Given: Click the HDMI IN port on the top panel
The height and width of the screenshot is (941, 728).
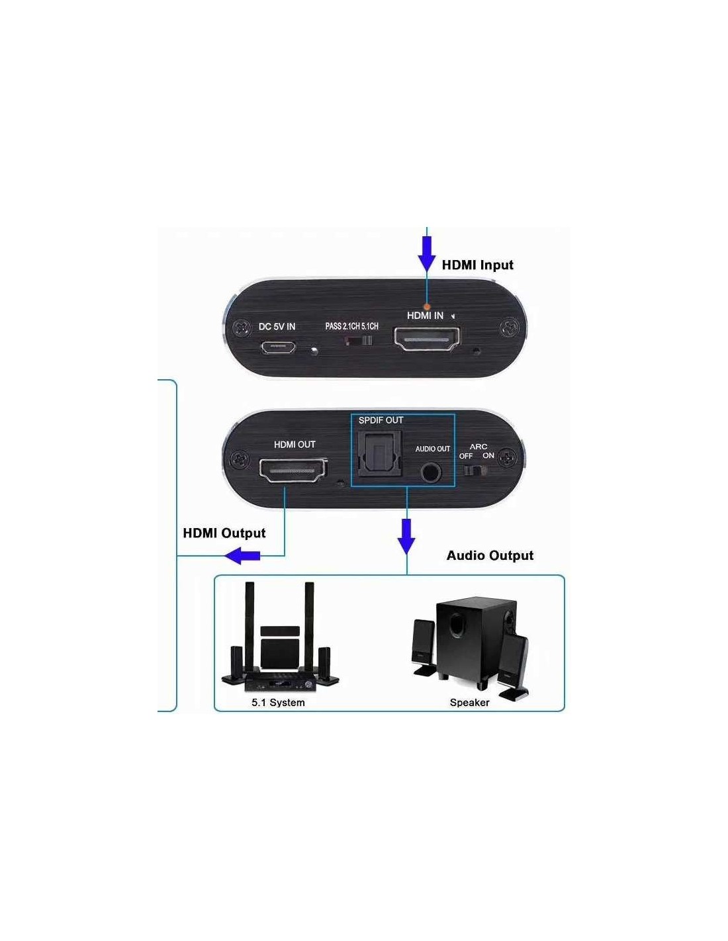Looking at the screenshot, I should pyautogui.click(x=427, y=339).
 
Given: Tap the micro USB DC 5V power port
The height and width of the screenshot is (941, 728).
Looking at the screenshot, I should pyautogui.click(x=277, y=346).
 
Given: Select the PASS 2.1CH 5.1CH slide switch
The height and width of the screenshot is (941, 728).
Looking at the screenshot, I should pyautogui.click(x=358, y=341).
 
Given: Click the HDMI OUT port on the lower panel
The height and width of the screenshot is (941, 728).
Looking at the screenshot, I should pyautogui.click(x=293, y=470).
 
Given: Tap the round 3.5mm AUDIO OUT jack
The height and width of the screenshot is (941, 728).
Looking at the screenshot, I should pyautogui.click(x=431, y=472).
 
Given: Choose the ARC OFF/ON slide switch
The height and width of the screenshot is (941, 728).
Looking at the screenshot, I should pyautogui.click(x=477, y=471).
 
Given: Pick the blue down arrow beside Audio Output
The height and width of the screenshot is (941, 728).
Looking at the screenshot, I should pyautogui.click(x=406, y=536).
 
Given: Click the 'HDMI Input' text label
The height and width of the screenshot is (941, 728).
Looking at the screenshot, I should pyautogui.click(x=477, y=265).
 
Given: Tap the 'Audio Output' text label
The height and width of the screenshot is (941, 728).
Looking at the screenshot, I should pyautogui.click(x=490, y=555).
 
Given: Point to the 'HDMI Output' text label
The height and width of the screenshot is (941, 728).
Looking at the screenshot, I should pyautogui.click(x=224, y=533).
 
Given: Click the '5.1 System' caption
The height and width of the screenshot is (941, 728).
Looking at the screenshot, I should pyautogui.click(x=278, y=702).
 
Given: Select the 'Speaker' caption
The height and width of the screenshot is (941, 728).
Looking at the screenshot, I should pyautogui.click(x=469, y=702).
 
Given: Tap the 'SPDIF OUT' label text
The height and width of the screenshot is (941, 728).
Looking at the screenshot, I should pyautogui.click(x=381, y=420).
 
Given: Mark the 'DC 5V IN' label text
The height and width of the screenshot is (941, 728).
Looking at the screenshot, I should pyautogui.click(x=277, y=326).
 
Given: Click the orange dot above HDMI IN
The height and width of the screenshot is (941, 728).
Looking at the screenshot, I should pyautogui.click(x=427, y=306).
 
